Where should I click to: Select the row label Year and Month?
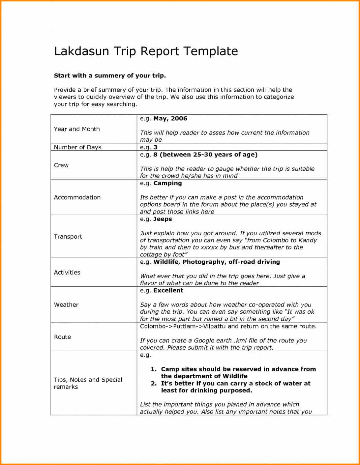(x=77, y=129)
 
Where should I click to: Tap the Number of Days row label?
(x=77, y=147)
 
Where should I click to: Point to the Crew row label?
(x=61, y=165)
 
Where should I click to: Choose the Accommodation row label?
(x=77, y=197)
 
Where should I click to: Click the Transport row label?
(x=68, y=237)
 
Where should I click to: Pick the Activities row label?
(x=67, y=273)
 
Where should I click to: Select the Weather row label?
(x=66, y=305)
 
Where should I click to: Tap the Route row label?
(x=62, y=337)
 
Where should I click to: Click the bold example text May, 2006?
(x=170, y=119)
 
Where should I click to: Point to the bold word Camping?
(x=167, y=183)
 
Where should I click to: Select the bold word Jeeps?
(x=163, y=219)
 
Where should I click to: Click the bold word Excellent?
(x=168, y=291)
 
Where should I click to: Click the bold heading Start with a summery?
(x=110, y=76)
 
